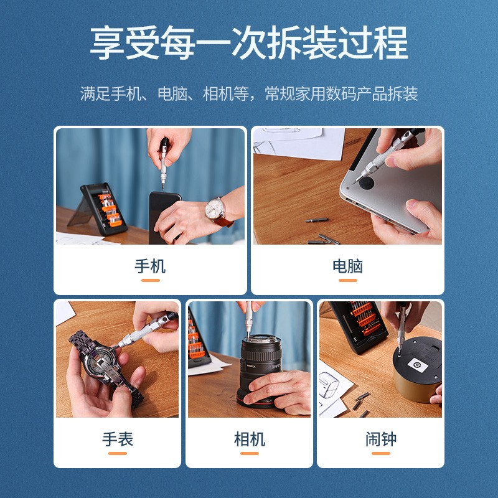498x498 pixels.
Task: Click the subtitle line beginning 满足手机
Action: [249, 94]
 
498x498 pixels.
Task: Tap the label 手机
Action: [150, 266]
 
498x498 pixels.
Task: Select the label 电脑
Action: [347, 266]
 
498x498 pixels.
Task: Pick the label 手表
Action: [118, 439]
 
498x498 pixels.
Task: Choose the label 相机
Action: [249, 439]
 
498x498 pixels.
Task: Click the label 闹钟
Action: [380, 439]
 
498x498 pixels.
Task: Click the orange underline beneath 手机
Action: [150, 280]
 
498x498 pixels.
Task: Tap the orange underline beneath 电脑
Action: [347, 280]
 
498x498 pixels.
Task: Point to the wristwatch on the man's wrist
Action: [217, 209]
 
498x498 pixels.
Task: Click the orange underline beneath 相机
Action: [249, 453]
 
